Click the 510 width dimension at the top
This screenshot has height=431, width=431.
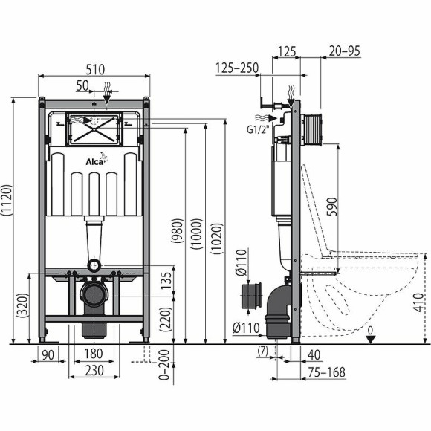click(x=94, y=68)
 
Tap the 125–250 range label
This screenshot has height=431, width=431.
click(x=236, y=68)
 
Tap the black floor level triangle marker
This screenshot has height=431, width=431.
click(x=372, y=338)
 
